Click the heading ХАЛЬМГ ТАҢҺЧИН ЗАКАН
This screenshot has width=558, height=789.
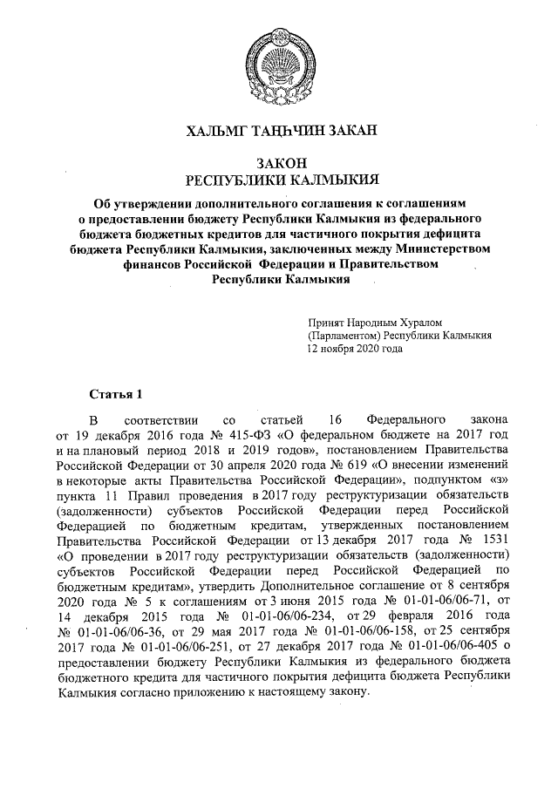coord(278,132)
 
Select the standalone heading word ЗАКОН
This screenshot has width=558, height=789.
coord(278,163)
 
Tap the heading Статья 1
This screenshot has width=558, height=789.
coord(116,392)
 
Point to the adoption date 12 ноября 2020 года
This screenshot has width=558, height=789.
coord(355,347)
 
